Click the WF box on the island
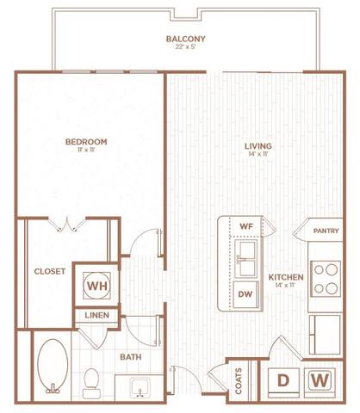(x=245, y=225)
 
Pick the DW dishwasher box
(x=245, y=293)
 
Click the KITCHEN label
(x=285, y=277)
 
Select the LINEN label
(x=96, y=316)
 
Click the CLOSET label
(x=50, y=271)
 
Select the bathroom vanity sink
(x=138, y=390)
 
